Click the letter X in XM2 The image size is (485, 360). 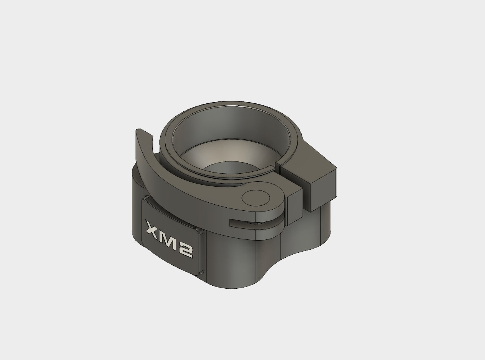[153, 229]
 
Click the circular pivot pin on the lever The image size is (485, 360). [255, 198]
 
